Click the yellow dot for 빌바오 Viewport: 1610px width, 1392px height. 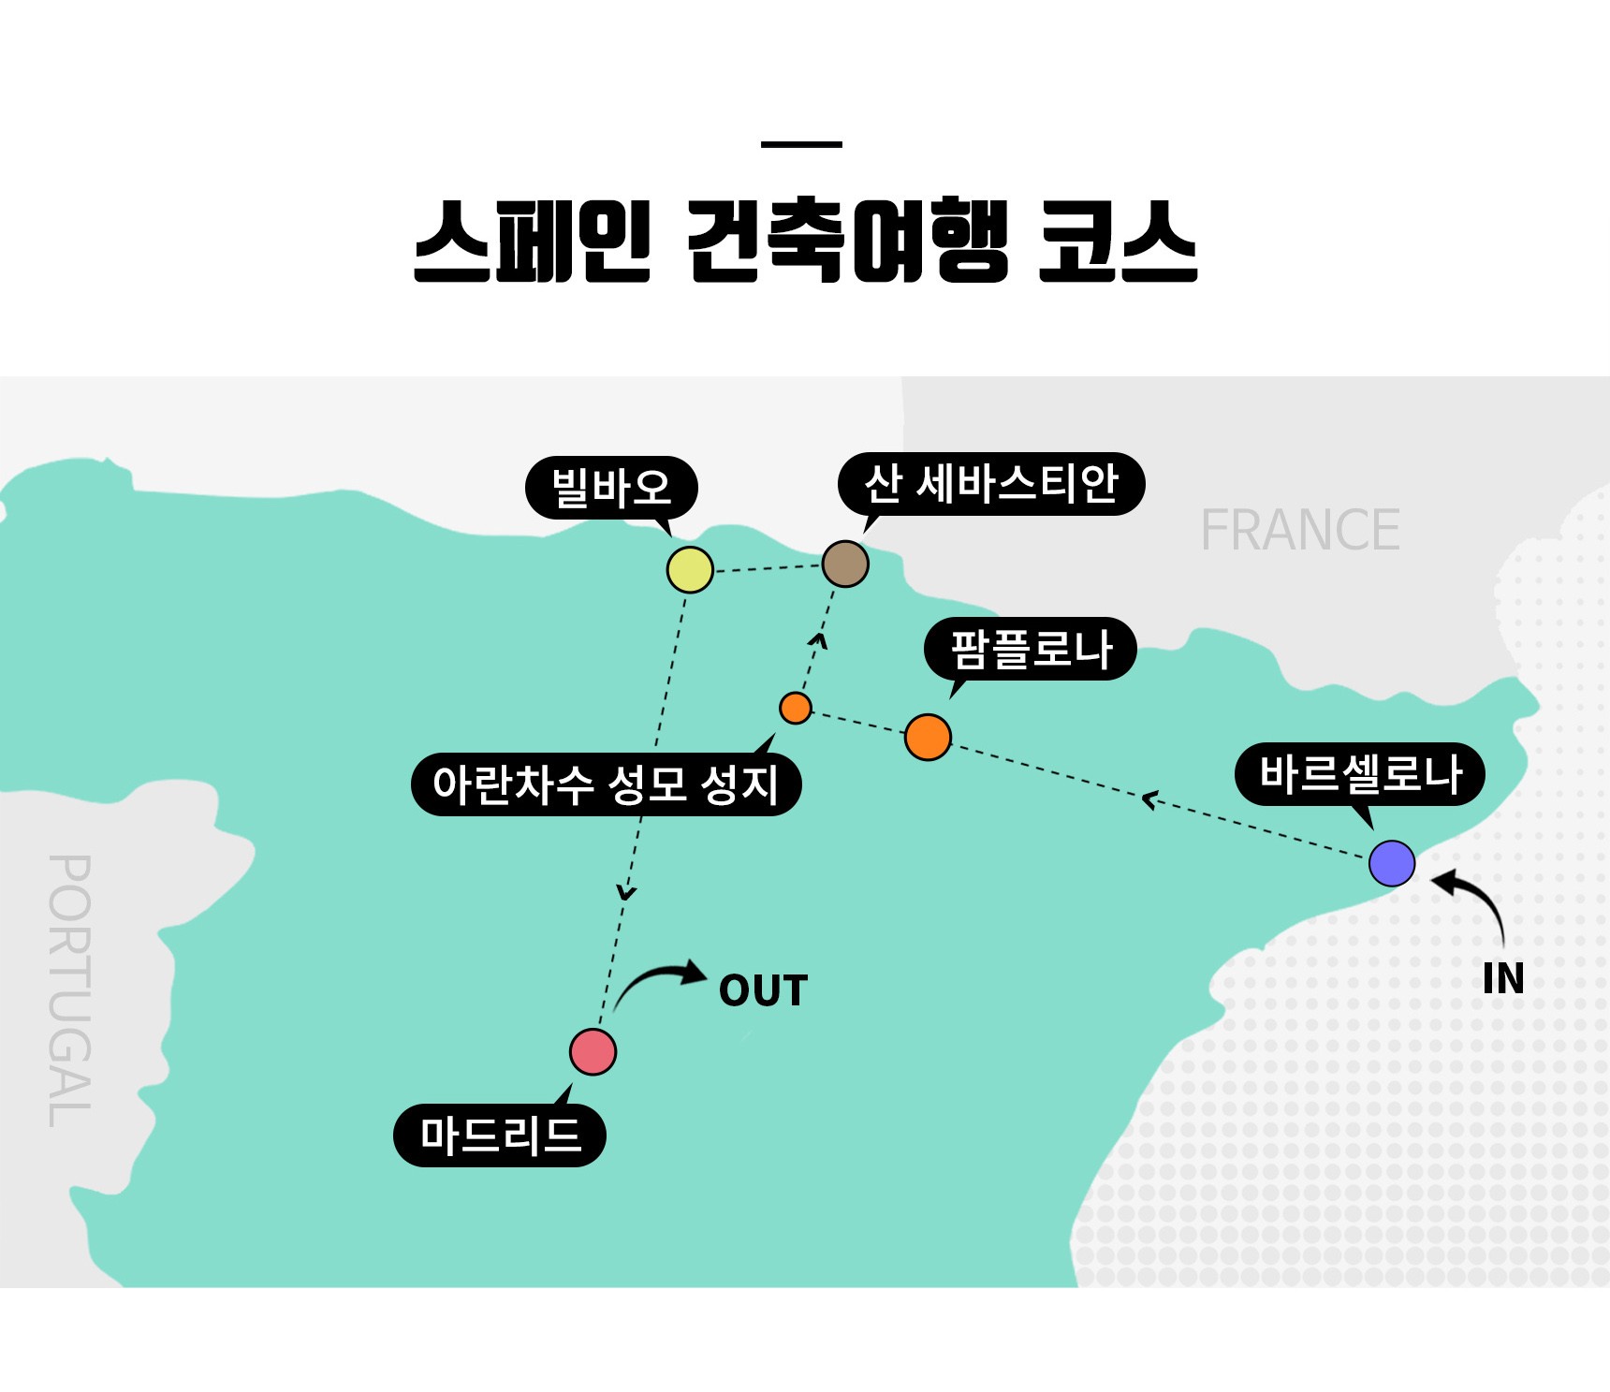690,569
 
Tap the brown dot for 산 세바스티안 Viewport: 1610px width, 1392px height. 845,564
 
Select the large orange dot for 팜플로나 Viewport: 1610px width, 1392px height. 928,737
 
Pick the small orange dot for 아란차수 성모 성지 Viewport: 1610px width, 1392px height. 796,708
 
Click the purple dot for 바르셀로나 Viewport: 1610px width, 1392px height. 1392,863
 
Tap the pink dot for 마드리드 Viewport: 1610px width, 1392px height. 593,1051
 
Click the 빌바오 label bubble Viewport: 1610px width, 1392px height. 611,488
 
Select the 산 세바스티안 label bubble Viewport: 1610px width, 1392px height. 991,484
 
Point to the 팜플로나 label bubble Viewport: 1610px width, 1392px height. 1031,649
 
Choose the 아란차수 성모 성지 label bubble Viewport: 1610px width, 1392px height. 606,784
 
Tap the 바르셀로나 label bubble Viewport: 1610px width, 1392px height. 1360,774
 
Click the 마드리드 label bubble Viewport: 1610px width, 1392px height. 500,1136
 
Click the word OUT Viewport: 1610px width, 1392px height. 763,991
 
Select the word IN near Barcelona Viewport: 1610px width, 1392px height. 1503,979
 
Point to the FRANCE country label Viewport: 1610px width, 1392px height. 1300,531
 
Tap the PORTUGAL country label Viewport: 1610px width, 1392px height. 70,990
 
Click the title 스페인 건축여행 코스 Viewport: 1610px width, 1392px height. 805,242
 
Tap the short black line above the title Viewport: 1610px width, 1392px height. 801,144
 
